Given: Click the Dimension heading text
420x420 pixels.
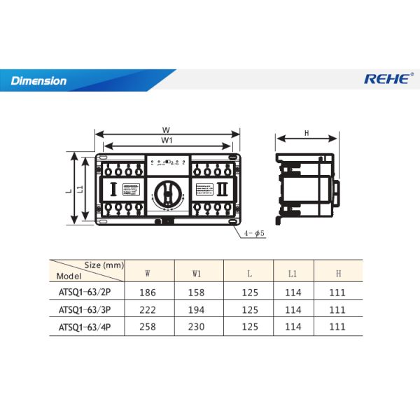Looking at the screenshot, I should (x=38, y=80).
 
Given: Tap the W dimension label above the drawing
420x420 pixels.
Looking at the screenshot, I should (x=166, y=129).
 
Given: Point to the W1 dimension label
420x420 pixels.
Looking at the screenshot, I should (x=167, y=141).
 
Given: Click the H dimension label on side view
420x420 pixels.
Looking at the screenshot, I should (x=307, y=133).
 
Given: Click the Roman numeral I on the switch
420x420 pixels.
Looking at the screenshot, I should (x=113, y=188).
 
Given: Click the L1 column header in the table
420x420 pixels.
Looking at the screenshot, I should (x=293, y=272).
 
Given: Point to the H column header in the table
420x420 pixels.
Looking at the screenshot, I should (x=338, y=272).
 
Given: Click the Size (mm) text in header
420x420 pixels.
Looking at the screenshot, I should (x=104, y=265).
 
